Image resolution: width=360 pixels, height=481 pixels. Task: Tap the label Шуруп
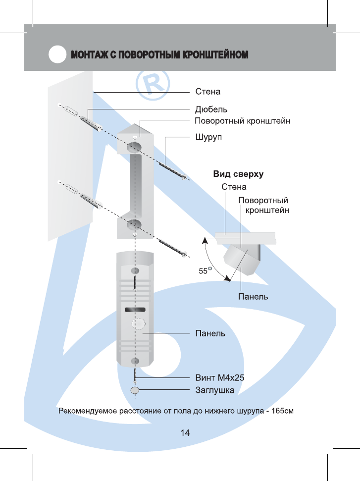tap(208, 137)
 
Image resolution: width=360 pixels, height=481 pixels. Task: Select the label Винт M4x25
tap(220, 378)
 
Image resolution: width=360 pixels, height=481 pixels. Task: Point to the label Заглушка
tap(215, 390)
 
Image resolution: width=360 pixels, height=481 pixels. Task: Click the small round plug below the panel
tap(135, 390)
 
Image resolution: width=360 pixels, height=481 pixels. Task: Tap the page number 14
tap(185, 433)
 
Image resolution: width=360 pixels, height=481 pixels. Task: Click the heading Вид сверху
tap(238, 174)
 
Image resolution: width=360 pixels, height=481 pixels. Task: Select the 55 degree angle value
tap(204, 271)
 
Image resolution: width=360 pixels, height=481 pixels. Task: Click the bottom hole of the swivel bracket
tap(134, 224)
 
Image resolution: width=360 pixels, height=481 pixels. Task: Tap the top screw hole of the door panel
tap(135, 271)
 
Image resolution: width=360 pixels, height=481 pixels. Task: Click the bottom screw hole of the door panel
tap(135, 361)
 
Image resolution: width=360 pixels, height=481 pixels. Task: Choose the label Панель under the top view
tap(253, 297)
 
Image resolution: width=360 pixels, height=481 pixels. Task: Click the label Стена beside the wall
tap(207, 92)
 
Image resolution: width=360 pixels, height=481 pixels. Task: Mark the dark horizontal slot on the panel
tap(136, 310)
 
